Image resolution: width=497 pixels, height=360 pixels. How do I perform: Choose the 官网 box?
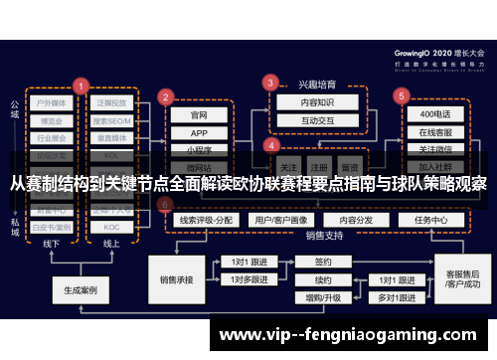pos(199,115)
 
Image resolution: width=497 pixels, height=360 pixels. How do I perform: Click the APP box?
pos(199,133)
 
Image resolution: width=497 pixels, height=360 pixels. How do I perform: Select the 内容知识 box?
pos(305,102)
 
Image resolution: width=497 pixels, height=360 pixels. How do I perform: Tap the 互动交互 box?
pos(305,120)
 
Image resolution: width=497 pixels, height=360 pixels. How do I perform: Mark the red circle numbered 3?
pos(269,83)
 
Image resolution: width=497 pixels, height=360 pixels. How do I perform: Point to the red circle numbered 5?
pos(401,96)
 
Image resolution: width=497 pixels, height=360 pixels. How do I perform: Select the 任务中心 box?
pos(435,220)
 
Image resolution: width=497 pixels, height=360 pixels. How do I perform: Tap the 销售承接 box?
pos(175,268)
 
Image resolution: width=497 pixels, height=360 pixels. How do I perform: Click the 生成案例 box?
pos(80,291)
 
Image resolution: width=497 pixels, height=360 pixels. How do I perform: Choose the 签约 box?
pos(323,262)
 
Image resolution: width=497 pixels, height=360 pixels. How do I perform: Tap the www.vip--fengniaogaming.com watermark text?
pos(353,335)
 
